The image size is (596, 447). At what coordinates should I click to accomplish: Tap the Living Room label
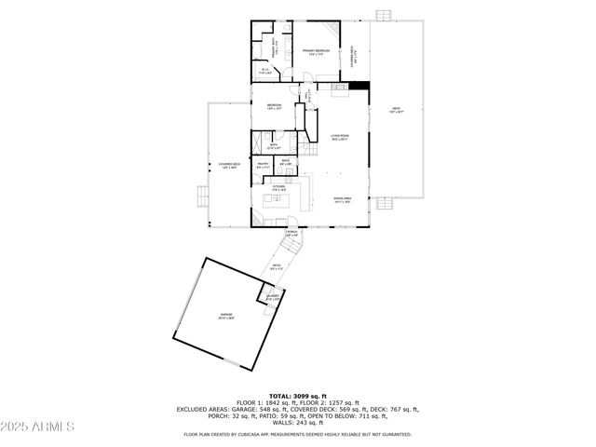(x=339, y=138)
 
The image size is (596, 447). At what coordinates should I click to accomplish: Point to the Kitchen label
(x=278, y=187)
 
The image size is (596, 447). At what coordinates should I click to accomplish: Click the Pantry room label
(x=264, y=164)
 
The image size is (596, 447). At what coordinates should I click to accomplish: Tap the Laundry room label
(x=273, y=298)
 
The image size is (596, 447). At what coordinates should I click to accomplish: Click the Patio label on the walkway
(x=277, y=268)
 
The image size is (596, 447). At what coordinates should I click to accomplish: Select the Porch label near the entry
(x=291, y=233)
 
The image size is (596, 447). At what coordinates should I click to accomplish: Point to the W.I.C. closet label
(x=265, y=70)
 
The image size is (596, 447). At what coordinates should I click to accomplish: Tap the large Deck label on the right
(x=396, y=110)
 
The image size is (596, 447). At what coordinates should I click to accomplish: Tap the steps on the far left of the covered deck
(x=200, y=196)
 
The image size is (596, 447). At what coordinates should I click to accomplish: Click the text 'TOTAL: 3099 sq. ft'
(x=298, y=396)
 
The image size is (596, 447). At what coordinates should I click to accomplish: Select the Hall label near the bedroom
(x=306, y=95)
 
